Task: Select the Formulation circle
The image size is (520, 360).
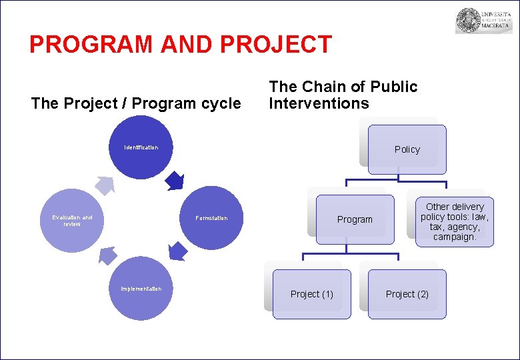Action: click(211, 218)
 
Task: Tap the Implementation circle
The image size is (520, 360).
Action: click(141, 289)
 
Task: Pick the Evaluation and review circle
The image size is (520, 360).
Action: click(73, 221)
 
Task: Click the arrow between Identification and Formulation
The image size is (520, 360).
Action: click(175, 180)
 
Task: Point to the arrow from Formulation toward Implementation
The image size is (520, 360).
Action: click(177, 251)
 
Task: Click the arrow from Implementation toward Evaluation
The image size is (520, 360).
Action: click(107, 255)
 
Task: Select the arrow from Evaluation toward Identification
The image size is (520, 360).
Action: click(104, 185)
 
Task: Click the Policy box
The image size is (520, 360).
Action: click(407, 149)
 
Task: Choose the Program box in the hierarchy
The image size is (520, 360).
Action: click(355, 219)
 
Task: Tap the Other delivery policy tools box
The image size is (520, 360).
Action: click(455, 221)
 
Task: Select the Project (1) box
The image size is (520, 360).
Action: click(311, 294)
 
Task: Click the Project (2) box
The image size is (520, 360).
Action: click(407, 294)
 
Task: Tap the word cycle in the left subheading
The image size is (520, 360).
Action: click(221, 103)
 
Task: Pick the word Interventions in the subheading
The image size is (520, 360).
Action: click(319, 103)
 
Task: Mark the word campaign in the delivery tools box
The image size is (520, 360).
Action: click(455, 237)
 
